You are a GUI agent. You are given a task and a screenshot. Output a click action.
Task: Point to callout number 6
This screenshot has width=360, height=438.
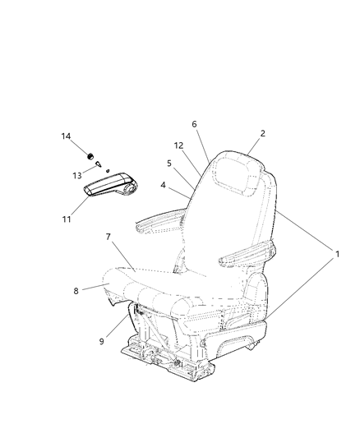194,124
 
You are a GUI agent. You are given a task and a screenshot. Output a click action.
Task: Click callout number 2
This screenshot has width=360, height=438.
262,133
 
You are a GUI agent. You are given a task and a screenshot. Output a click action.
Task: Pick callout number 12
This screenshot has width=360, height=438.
178,145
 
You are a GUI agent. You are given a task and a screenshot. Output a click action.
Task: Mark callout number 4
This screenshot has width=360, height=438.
163,186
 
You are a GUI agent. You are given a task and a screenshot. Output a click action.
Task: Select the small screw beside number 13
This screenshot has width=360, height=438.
99,164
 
